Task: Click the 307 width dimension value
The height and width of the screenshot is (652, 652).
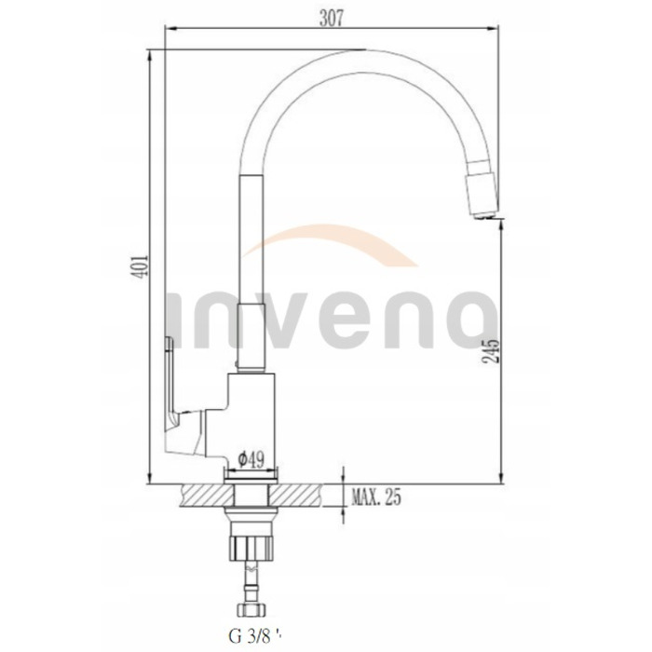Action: pyautogui.click(x=332, y=19)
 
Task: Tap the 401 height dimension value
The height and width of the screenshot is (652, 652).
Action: pyautogui.click(x=141, y=266)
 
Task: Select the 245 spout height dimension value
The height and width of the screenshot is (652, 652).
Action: pyautogui.click(x=491, y=351)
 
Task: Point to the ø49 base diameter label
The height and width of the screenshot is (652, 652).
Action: pyautogui.click(x=251, y=459)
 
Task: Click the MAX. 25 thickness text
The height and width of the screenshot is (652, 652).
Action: pyautogui.click(x=376, y=496)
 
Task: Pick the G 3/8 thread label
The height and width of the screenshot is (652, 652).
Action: pyautogui.click(x=255, y=636)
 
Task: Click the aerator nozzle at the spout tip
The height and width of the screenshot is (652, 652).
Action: pyautogui.click(x=481, y=195)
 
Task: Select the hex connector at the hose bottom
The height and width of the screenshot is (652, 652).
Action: pyautogui.click(x=251, y=610)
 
